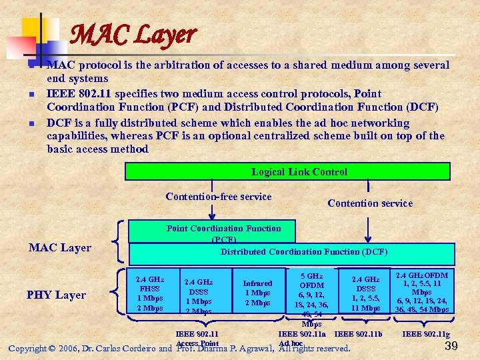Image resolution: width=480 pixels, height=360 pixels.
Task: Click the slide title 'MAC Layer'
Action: [133, 34]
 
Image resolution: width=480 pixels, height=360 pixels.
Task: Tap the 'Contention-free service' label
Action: [218, 197]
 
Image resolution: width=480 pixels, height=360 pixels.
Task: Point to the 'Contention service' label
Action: [370, 203]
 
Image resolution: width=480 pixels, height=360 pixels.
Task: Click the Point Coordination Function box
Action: [223, 231]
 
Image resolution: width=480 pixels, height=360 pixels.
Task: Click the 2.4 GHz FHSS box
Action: [150, 293]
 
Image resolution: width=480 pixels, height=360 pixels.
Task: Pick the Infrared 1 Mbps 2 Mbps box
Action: [257, 293]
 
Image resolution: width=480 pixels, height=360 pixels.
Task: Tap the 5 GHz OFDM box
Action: [311, 293]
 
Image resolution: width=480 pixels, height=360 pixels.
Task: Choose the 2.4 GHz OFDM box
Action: [422, 291]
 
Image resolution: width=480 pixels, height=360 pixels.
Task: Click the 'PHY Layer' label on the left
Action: [57, 295]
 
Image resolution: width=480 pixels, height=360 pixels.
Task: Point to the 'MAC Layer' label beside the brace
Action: [60, 248]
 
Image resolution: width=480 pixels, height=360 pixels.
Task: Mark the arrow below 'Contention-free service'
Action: [212, 212]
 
